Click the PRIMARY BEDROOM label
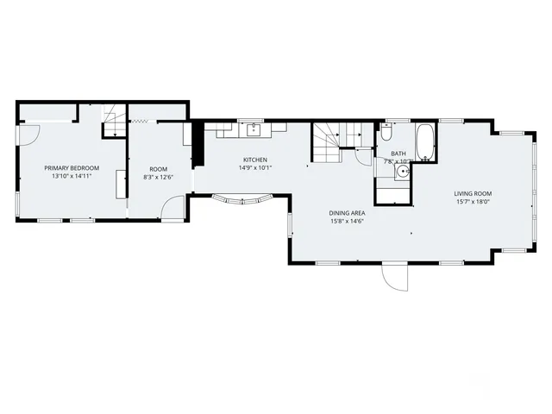pyautogui.click(x=72, y=167)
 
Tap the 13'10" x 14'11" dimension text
pyautogui.click(x=72, y=176)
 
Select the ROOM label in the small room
pyautogui.click(x=158, y=169)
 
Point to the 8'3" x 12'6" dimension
pyautogui.click(x=158, y=178)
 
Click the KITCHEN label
pyautogui.click(x=254, y=160)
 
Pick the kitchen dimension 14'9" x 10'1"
pyautogui.click(x=254, y=168)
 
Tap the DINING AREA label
pyautogui.click(x=346, y=212)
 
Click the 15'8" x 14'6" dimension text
pyautogui.click(x=346, y=221)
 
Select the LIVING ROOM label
pyautogui.click(x=473, y=193)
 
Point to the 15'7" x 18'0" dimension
pyautogui.click(x=473, y=202)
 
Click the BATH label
pyautogui.click(x=386, y=154)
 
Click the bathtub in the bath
pyautogui.click(x=424, y=142)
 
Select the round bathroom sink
pyautogui.click(x=402, y=171)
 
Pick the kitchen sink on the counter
pyautogui.click(x=254, y=131)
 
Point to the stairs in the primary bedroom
pyautogui.click(x=112, y=122)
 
